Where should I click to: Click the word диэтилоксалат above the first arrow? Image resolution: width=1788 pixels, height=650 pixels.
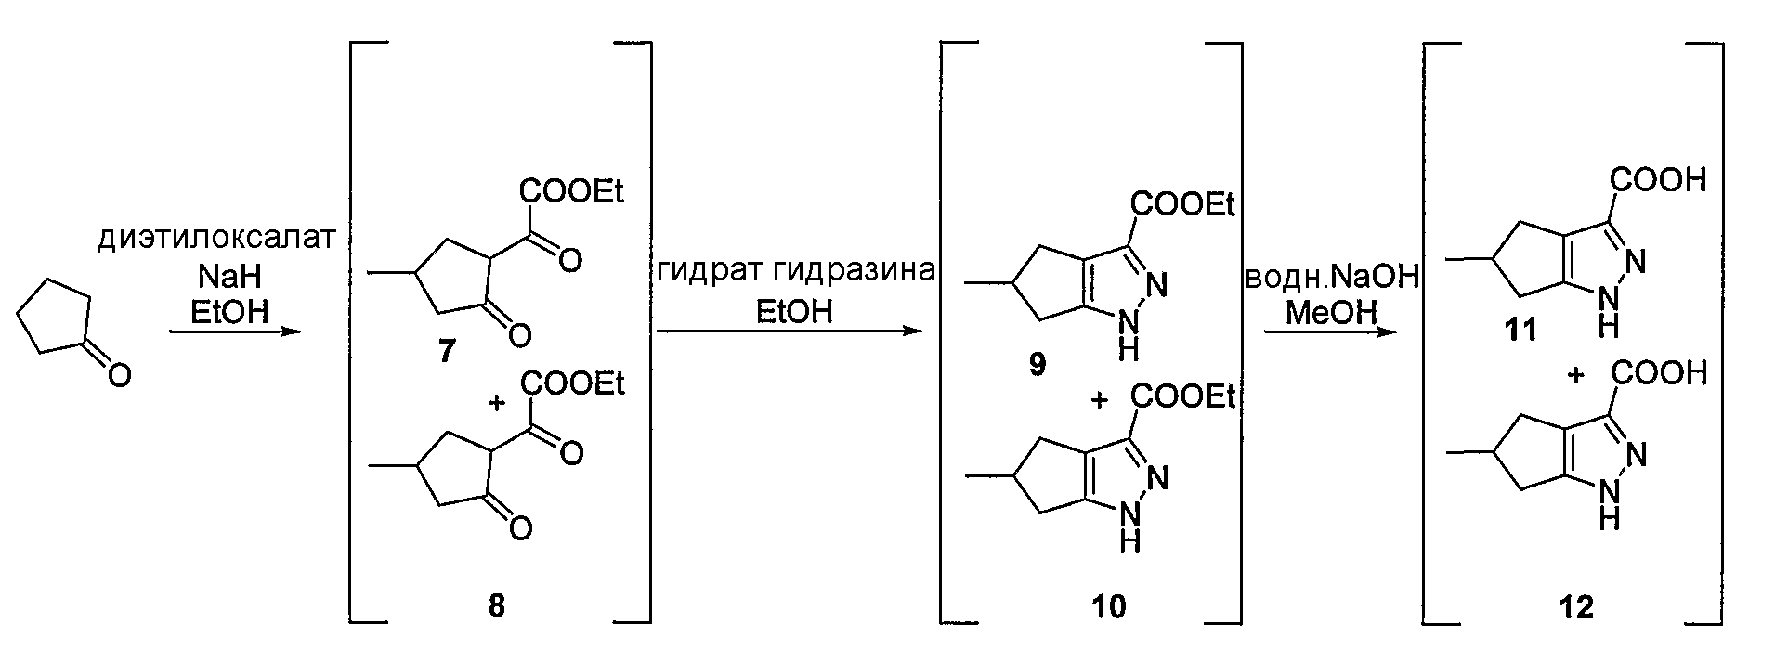point(215,239)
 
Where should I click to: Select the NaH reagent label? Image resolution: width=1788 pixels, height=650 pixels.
point(228,277)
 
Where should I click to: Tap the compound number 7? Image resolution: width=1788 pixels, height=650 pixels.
point(446,353)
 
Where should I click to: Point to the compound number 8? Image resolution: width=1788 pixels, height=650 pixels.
point(497,605)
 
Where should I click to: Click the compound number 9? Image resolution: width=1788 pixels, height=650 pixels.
point(1037,364)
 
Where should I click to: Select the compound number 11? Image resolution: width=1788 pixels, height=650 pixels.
point(1522,330)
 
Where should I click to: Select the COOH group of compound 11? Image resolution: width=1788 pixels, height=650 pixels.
point(1659,178)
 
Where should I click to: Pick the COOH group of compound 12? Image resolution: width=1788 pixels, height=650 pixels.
point(1659,373)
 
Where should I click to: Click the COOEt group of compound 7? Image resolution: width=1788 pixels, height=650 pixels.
point(572,191)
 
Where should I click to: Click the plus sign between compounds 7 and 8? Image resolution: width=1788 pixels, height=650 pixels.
point(498,401)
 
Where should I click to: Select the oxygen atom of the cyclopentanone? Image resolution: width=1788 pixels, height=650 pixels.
point(119,375)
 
